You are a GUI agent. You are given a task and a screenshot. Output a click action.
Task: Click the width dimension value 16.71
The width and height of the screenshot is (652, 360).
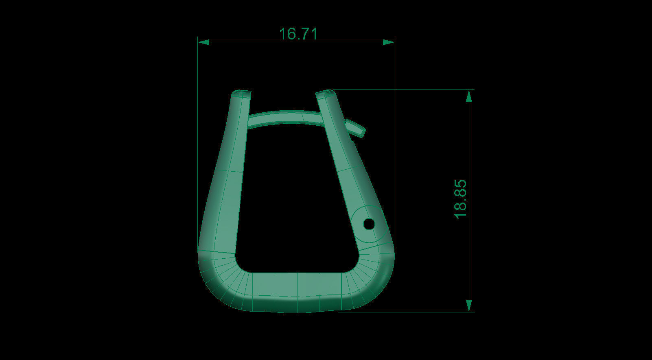[x=298, y=34]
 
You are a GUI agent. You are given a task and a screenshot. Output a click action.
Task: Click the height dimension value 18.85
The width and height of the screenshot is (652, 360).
[x=460, y=199]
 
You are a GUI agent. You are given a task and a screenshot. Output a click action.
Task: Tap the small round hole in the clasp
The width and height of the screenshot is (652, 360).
[x=369, y=224]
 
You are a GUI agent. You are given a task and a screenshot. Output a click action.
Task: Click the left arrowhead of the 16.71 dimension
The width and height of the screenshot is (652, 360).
[x=203, y=42]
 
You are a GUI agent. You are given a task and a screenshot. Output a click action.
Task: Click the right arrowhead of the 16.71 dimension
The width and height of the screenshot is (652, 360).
[x=389, y=42]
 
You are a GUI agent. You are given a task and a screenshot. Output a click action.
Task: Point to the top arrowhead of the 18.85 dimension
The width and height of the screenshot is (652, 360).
[x=469, y=96]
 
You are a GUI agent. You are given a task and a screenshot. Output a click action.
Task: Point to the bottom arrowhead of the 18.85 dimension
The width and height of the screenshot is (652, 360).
[x=469, y=306]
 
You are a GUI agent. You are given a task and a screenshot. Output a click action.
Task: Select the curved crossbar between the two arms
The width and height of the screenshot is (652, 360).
[x=285, y=116]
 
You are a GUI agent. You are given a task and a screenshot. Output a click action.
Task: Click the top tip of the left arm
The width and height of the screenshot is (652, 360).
[x=241, y=94]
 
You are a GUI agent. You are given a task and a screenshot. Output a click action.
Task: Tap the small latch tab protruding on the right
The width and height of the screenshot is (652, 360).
[x=356, y=127]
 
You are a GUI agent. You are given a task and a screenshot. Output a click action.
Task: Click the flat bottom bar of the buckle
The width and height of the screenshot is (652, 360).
[x=297, y=291]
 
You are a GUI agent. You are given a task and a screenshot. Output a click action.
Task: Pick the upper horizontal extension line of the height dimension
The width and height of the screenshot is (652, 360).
[x=407, y=89]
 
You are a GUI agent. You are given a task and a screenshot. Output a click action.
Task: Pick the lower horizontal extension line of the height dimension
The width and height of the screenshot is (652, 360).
[x=407, y=312]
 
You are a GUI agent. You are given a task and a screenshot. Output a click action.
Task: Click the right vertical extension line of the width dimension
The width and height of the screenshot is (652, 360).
[x=395, y=122]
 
